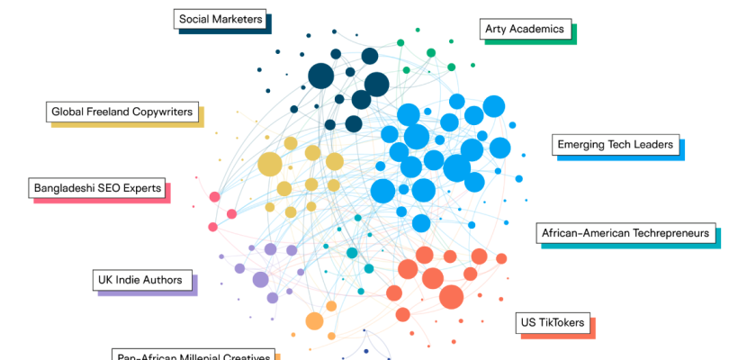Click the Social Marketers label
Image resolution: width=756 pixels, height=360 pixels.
(220, 19)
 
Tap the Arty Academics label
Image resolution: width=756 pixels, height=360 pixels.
(524, 29)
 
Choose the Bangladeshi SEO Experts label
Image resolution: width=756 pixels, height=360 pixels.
(97, 189)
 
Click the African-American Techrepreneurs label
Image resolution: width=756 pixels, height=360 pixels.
(625, 234)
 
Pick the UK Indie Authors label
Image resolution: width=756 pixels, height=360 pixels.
(143, 280)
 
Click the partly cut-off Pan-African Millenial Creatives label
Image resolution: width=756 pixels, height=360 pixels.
(193, 356)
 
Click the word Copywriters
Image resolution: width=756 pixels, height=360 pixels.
(161, 112)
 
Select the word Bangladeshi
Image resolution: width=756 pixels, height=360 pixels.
(63, 189)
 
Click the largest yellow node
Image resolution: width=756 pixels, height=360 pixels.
(269, 165)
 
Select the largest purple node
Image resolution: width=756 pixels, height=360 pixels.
(260, 279)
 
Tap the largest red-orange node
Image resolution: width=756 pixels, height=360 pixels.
(451, 296)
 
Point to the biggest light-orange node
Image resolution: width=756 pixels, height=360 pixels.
(314, 320)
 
